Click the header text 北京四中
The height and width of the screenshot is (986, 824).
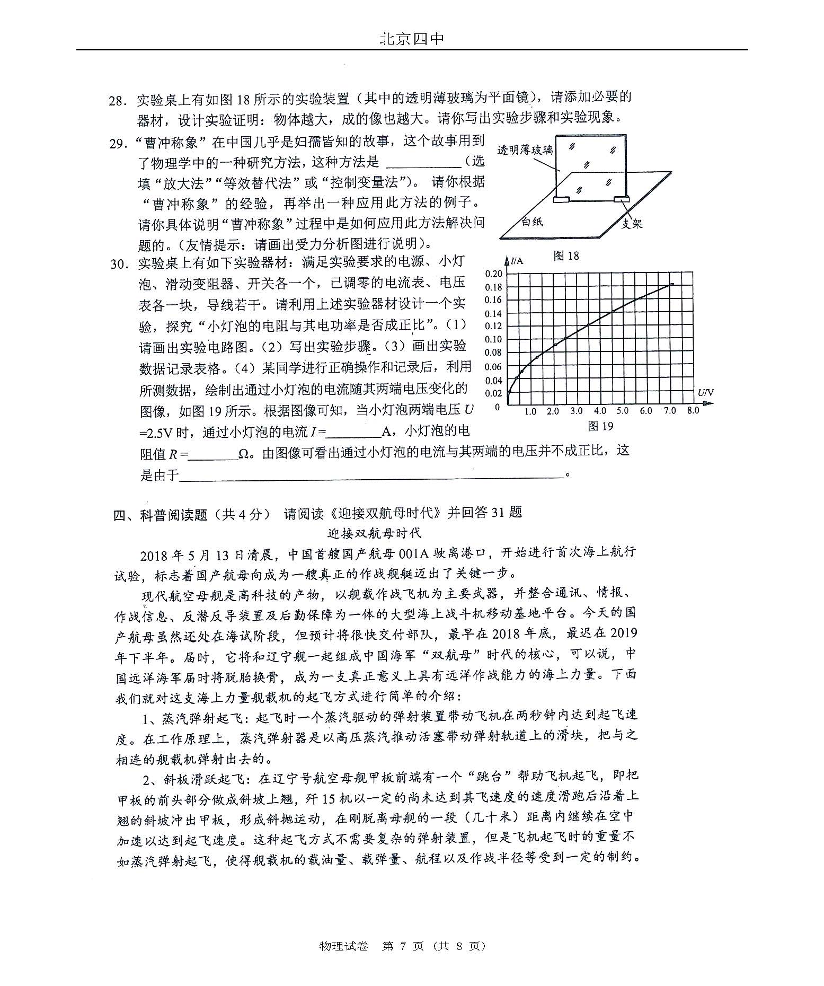click(412, 39)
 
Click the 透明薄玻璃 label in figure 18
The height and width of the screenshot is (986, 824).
click(525, 149)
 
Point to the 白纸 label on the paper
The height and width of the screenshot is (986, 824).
click(531, 221)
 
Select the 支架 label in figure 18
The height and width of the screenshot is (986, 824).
click(631, 224)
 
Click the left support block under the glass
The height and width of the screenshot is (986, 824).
click(561, 200)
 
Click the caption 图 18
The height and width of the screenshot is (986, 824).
click(566, 256)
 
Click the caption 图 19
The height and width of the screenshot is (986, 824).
click(600, 426)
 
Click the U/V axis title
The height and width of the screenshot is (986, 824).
click(706, 392)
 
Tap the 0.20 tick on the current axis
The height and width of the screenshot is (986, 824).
click(493, 274)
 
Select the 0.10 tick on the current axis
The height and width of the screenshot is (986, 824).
click(493, 339)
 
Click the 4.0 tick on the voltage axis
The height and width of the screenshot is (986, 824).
click(600, 411)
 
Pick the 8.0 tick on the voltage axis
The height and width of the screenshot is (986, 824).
click(693, 410)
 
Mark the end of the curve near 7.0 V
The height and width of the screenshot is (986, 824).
click(672, 285)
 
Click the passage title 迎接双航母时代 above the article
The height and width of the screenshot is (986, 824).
click(375, 533)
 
